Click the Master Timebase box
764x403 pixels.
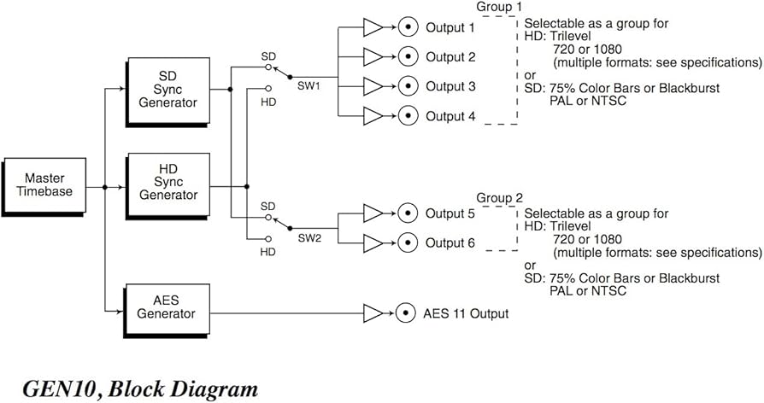click(x=44, y=184)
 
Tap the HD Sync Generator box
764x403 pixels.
click(x=167, y=184)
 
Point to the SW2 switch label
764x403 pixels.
click(x=309, y=239)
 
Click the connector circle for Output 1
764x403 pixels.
click(x=408, y=28)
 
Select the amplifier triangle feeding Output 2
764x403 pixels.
click(x=373, y=57)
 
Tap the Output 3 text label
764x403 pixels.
click(x=450, y=86)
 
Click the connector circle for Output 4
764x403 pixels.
click(x=408, y=116)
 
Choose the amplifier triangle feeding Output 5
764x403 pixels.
click(x=373, y=213)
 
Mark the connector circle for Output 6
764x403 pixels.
click(x=408, y=242)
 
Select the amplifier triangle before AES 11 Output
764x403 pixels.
click(x=373, y=313)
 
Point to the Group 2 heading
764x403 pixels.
click(x=498, y=197)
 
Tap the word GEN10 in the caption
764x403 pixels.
click(x=54, y=388)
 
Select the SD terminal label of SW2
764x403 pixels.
click(x=267, y=207)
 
